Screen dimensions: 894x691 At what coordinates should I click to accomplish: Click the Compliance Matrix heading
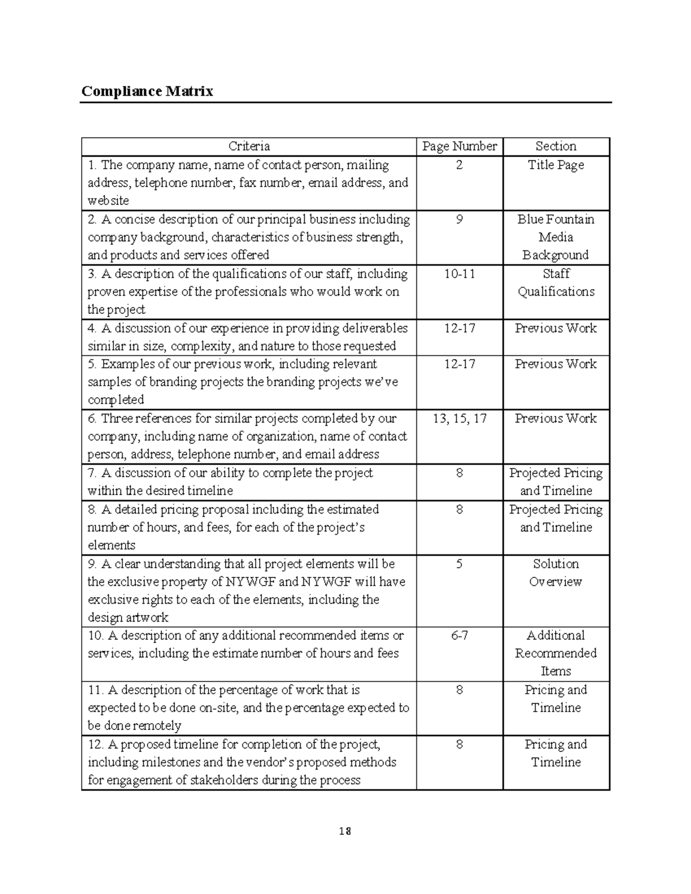(147, 91)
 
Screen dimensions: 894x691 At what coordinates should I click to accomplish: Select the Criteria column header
(249, 146)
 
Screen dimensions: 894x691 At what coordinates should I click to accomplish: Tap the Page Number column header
(459, 146)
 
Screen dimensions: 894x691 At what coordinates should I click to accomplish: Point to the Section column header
(556, 146)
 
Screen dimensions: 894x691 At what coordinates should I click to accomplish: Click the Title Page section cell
(556, 165)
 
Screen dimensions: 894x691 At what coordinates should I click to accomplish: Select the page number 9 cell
(459, 219)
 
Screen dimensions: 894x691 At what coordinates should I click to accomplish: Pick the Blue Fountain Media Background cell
(556, 237)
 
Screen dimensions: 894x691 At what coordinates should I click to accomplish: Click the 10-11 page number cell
(459, 274)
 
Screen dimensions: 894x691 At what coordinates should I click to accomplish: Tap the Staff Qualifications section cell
(556, 283)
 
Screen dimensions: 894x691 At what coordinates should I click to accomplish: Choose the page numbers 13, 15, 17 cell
(459, 419)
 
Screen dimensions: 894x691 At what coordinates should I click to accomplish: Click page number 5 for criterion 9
(459, 564)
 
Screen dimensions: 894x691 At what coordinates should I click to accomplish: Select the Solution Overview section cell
(556, 573)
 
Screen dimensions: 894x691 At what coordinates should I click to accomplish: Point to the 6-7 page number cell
(459, 636)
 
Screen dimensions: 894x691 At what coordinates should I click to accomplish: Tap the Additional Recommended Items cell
(556, 653)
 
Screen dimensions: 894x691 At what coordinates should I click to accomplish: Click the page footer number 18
(345, 831)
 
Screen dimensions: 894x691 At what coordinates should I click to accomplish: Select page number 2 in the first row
(459, 165)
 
